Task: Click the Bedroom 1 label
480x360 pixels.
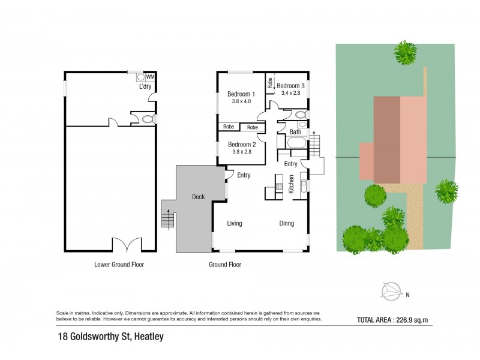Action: (x=241, y=94)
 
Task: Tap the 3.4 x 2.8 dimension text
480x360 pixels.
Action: (x=288, y=93)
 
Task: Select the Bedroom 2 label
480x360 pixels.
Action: (x=242, y=145)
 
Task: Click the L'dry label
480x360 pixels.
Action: (x=145, y=87)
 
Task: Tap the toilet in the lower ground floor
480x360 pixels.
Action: (x=149, y=120)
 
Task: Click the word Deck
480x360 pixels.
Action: (x=199, y=196)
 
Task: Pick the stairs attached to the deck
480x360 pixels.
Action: (x=169, y=214)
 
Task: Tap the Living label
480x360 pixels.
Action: (x=235, y=224)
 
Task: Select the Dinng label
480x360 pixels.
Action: (x=286, y=224)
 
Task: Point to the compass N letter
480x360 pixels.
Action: (x=408, y=295)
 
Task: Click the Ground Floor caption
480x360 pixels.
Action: (x=225, y=265)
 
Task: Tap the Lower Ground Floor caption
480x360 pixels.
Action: (x=119, y=265)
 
